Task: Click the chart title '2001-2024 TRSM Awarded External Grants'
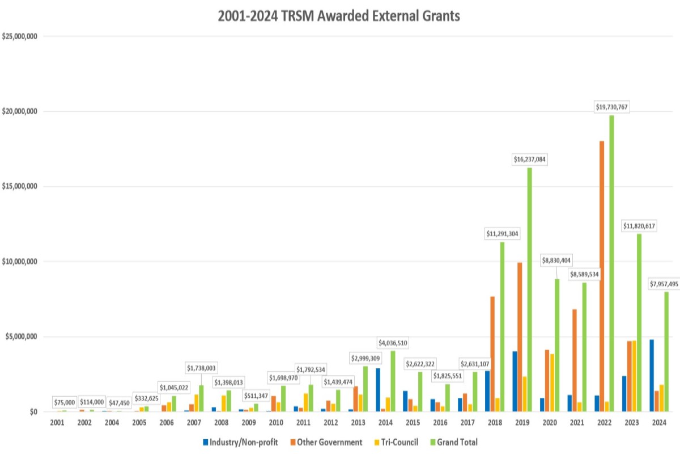(339, 16)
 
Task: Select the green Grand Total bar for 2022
(611, 264)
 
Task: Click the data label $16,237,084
(529, 159)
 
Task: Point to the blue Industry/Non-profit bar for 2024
(652, 375)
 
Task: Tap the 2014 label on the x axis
(385, 423)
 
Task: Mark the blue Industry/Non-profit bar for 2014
(378, 389)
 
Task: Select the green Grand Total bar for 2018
(501, 326)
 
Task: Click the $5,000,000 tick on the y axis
(22, 337)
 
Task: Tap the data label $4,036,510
(393, 343)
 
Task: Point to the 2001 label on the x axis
(57, 423)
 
